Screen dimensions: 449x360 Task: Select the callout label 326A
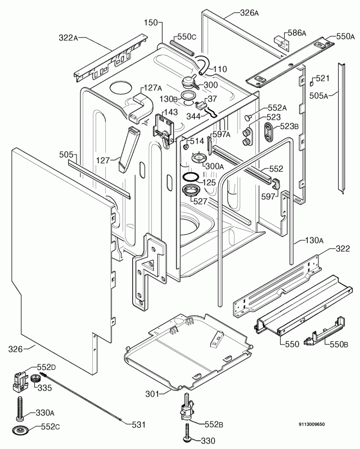[249, 12]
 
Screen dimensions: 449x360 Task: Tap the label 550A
[345, 36]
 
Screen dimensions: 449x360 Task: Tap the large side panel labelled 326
[56, 258]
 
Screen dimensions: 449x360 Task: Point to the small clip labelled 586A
[280, 41]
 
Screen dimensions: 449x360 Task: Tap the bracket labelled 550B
[316, 339]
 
